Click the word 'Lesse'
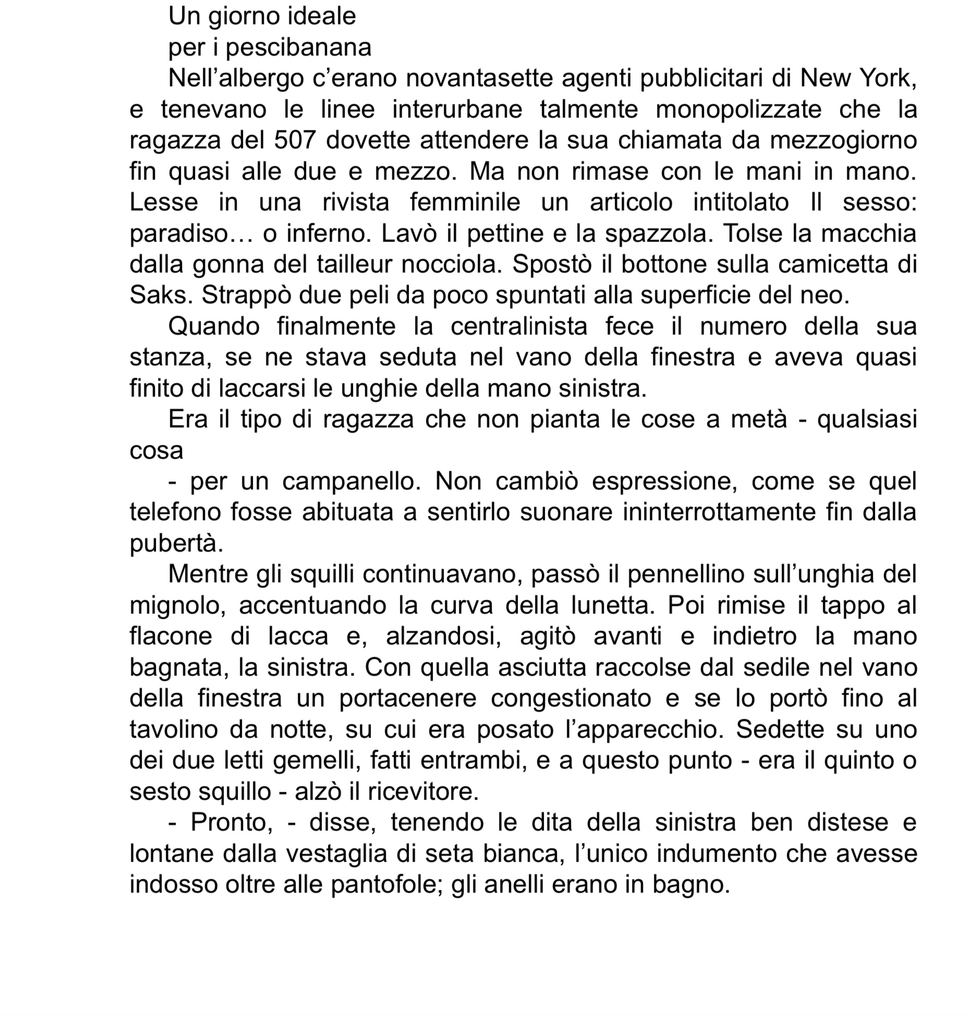pyautogui.click(x=164, y=202)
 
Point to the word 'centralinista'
pyautogui.click(x=519, y=327)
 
